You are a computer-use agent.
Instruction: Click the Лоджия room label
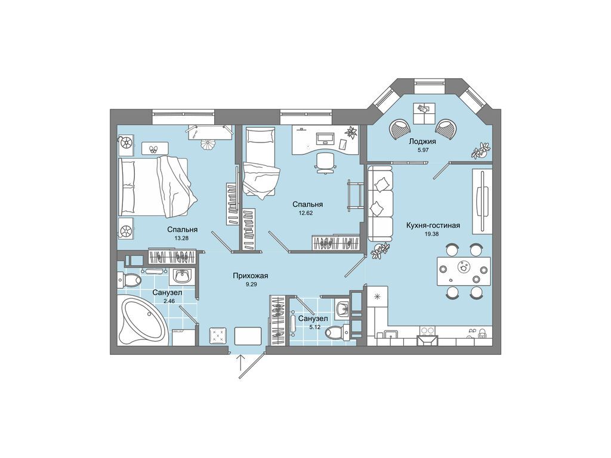(x=422, y=141)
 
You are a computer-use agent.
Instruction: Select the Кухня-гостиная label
(x=433, y=225)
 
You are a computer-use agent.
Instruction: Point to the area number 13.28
(x=181, y=238)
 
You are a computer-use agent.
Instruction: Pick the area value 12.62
(x=306, y=213)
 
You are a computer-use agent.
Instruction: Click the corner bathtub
(x=143, y=320)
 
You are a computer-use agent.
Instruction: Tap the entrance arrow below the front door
(x=242, y=366)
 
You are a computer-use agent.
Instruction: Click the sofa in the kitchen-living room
(x=381, y=203)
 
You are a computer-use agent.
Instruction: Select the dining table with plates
(x=464, y=271)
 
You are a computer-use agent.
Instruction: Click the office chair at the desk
(x=325, y=163)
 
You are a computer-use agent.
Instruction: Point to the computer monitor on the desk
(x=325, y=138)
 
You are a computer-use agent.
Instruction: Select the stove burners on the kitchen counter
(x=427, y=330)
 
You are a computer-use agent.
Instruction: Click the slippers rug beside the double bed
(x=155, y=148)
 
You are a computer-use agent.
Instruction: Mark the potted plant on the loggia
(x=480, y=150)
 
